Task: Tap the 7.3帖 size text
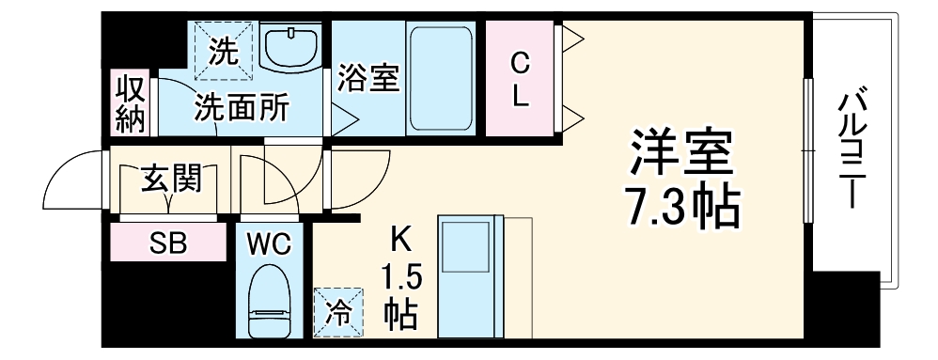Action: (x=681, y=208)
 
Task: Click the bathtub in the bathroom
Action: (x=442, y=78)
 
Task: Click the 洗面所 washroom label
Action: (x=242, y=106)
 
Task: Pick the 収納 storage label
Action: (x=130, y=103)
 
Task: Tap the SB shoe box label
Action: (x=169, y=243)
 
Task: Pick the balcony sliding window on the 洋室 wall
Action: (x=807, y=150)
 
